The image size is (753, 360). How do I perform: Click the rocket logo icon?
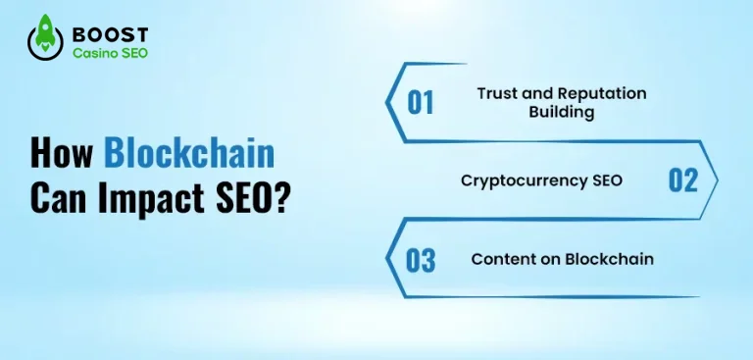pos(45,40)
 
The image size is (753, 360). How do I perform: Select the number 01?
pos(421,102)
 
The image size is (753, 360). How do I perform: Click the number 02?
pos(682,180)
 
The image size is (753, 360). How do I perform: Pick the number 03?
pos(421,260)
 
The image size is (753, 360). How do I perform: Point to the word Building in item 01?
pos(561,112)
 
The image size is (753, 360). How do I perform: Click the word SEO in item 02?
pos(608,180)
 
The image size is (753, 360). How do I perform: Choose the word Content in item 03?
pos(498,260)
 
